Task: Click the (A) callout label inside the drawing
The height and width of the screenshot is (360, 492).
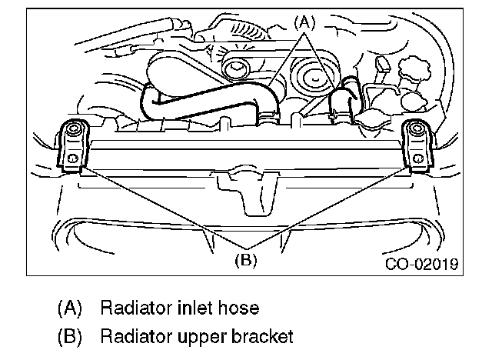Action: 304,23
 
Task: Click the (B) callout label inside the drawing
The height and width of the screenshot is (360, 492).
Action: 244,259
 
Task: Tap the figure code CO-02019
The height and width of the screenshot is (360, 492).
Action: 422,265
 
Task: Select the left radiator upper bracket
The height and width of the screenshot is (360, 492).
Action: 71,145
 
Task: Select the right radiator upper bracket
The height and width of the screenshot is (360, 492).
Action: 417,145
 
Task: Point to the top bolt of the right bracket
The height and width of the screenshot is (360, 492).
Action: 417,129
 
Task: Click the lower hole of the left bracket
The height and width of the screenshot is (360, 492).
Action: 71,158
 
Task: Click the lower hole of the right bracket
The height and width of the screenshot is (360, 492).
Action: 417,158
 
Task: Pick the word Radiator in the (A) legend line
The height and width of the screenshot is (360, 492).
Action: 128,308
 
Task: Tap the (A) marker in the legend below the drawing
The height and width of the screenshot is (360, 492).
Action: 70,308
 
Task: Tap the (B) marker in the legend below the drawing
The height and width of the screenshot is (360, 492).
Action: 70,337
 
